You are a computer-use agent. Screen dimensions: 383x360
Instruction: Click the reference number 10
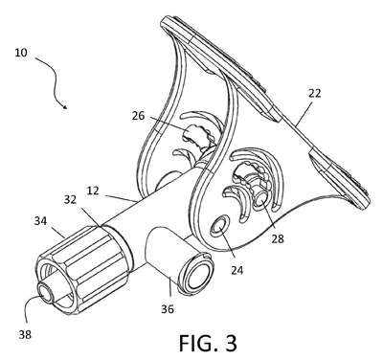coord(21,53)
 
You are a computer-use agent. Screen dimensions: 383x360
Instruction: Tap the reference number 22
coord(314,94)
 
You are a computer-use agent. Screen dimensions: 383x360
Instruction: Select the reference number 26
coord(139,116)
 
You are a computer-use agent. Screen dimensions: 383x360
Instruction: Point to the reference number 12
coord(93,191)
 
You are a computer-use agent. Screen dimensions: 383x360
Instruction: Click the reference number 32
coord(70,199)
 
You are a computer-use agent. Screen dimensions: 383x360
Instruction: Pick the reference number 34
coord(40,220)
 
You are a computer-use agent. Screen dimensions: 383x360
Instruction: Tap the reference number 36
coord(168,308)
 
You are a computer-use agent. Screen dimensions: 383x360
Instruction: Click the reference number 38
coord(25,334)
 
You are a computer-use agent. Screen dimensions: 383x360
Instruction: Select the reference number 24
coord(237,270)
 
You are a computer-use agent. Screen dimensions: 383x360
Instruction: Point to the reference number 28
coord(278,238)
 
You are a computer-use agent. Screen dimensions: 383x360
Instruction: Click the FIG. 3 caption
coord(208,343)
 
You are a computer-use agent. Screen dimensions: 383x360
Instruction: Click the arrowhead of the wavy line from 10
coord(65,106)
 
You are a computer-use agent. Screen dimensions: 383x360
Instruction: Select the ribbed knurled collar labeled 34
coord(83,266)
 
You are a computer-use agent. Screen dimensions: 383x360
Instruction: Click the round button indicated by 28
coord(260,200)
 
